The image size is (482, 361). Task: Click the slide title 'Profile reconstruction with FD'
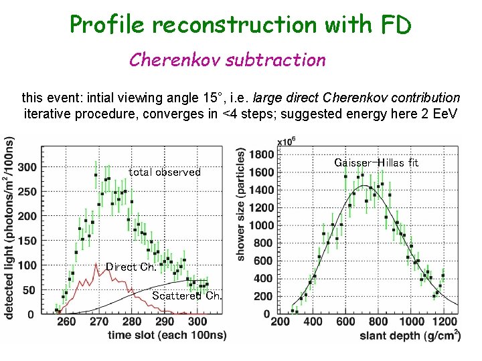tap(240, 25)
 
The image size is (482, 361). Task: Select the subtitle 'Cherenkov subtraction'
tap(227, 60)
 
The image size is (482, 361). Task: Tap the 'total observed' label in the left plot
tap(165, 172)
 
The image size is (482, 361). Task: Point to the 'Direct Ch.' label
tap(131, 267)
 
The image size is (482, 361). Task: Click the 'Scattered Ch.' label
tap(187, 295)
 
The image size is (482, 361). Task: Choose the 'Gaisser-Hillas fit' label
tap(376, 162)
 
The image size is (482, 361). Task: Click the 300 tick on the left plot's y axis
tap(27, 166)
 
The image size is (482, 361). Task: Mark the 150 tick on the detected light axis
tap(27, 241)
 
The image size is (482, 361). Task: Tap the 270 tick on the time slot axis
tap(99, 322)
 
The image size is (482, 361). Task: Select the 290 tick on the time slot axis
tap(165, 322)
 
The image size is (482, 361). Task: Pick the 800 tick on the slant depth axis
tap(378, 322)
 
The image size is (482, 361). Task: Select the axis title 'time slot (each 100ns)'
tap(167, 335)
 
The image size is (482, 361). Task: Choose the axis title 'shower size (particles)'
tap(240, 204)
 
